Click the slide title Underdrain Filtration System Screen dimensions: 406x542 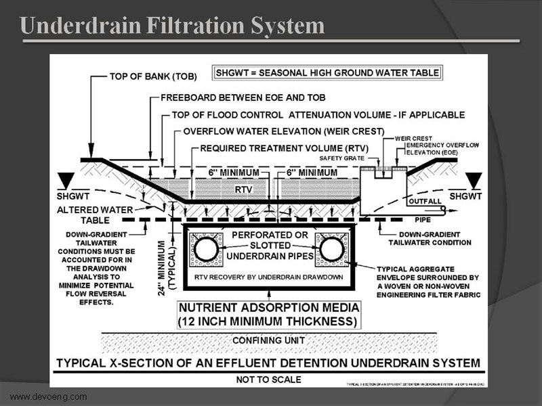tap(173, 26)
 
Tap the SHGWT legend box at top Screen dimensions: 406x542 tap(327, 72)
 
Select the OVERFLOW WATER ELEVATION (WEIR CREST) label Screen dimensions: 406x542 tap(284, 131)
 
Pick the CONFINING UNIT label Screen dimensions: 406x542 tap(270, 340)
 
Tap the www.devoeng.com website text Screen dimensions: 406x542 tap(48, 397)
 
